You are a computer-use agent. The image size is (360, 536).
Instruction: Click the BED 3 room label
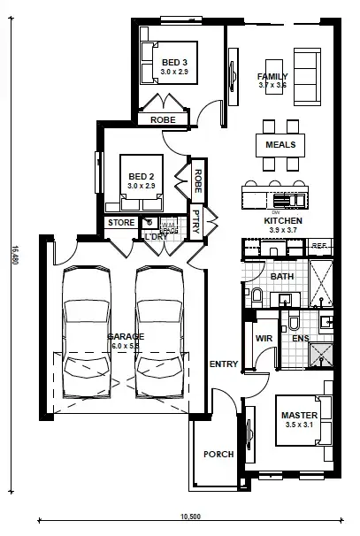pyautogui.click(x=173, y=62)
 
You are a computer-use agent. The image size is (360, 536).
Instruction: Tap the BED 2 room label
pyautogui.click(x=141, y=176)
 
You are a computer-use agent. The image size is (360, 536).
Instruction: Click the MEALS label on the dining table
pyautogui.click(x=280, y=144)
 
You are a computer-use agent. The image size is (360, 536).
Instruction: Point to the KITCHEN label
pyautogui.click(x=283, y=220)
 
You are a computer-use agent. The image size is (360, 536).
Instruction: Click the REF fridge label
pyautogui.click(x=319, y=246)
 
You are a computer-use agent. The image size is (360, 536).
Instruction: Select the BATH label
pyautogui.click(x=281, y=277)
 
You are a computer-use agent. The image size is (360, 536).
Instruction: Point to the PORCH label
pyautogui.click(x=218, y=454)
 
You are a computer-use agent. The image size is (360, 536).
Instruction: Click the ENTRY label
pyautogui.click(x=222, y=364)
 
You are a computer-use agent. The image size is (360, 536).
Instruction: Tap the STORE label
pyautogui.click(x=120, y=223)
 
